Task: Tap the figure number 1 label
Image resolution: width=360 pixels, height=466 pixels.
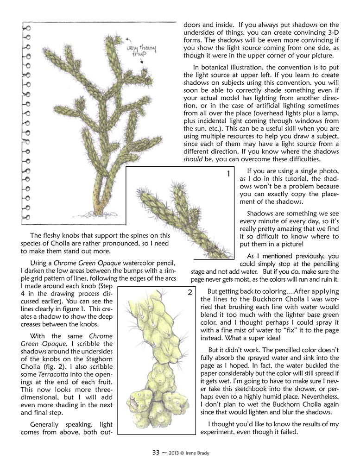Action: coord(229,174)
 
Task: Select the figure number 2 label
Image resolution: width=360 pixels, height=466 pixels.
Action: coord(190,293)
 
